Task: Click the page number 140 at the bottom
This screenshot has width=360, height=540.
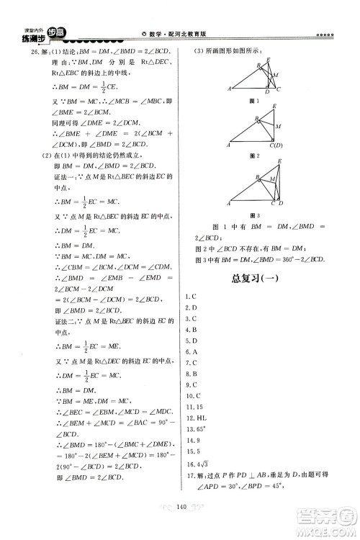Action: click(x=181, y=527)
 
